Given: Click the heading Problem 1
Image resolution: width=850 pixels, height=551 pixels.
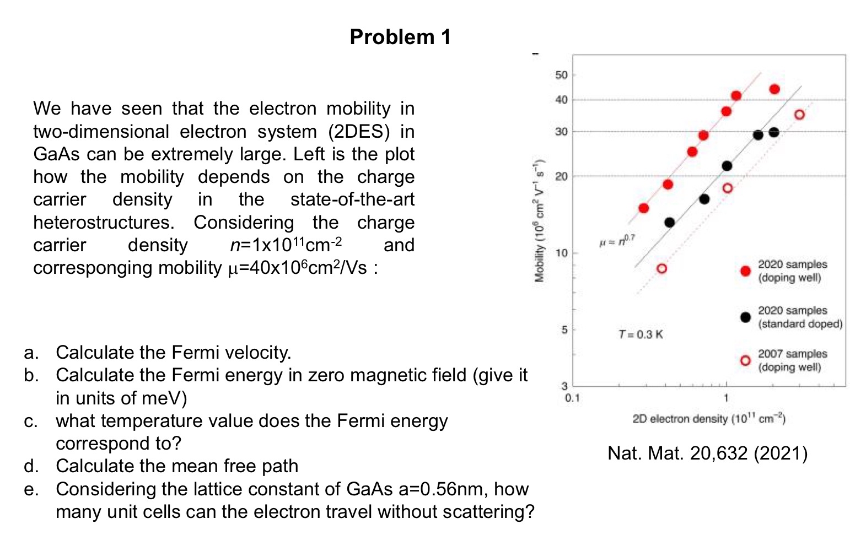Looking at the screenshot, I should coord(400,37).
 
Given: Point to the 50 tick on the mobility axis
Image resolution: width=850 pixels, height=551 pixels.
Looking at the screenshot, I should coord(561,75).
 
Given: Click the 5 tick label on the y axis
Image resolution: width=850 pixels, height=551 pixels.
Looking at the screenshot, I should coord(563,330).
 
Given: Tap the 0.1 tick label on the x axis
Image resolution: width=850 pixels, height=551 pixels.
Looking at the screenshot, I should coord(573,398).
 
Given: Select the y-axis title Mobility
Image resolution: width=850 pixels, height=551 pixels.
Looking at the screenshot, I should coord(540,220).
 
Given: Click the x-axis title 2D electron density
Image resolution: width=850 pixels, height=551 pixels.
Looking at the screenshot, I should coord(708,419).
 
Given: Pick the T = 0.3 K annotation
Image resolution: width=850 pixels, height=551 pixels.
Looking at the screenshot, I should coord(641,334).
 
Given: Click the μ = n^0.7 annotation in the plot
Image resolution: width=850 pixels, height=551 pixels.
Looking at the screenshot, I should coord(617,241).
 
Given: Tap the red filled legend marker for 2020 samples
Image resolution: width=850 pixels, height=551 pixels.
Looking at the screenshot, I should coord(745,271).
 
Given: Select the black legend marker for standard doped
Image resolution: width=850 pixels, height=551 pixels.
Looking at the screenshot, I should coord(745,317).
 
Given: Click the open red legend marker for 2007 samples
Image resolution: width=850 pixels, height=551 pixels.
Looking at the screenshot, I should coord(745,360).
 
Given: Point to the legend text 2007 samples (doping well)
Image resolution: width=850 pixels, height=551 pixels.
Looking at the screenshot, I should coord(792,360).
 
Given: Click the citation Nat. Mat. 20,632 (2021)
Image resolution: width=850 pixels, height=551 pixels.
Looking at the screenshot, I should coord(707,453).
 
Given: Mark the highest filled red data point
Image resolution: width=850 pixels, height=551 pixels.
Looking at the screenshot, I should coord(774,89).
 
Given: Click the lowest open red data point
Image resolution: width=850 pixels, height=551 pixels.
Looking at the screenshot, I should coord(661,268).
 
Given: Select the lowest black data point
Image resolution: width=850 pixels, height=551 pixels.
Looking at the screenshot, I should coord(669,222).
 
